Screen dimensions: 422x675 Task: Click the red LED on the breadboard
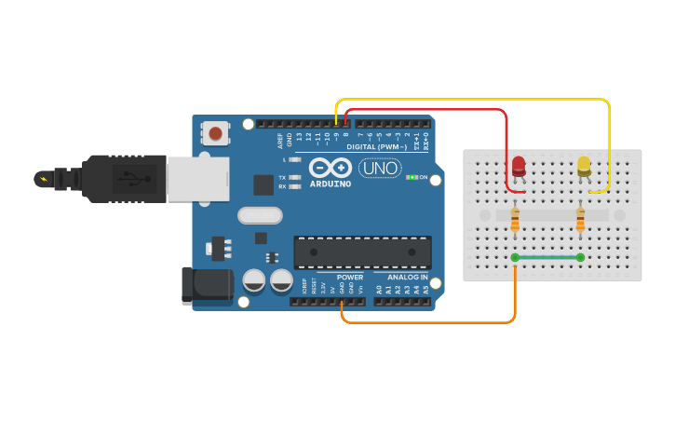pyautogui.click(x=519, y=166)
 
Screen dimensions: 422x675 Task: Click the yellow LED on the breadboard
pyautogui.click(x=584, y=165)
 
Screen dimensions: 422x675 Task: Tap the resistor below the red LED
pyautogui.click(x=515, y=220)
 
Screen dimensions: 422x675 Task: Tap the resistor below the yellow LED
pyautogui.click(x=580, y=220)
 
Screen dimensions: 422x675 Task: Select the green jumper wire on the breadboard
pyautogui.click(x=547, y=257)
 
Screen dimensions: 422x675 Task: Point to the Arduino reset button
pyautogui.click(x=216, y=133)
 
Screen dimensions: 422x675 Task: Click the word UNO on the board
pyautogui.click(x=380, y=169)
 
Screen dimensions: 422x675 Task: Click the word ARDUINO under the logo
pyautogui.click(x=331, y=184)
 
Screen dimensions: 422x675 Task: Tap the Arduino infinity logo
pyautogui.click(x=331, y=168)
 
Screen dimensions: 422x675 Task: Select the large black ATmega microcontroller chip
pyautogui.click(x=362, y=252)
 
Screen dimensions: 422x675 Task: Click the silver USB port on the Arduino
pyautogui.click(x=197, y=179)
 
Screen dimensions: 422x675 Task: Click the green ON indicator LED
pyautogui.click(x=411, y=177)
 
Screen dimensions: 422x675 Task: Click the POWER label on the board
pyautogui.click(x=350, y=278)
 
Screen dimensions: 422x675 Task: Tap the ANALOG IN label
pyautogui.click(x=408, y=278)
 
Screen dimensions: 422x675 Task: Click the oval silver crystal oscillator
pyautogui.click(x=259, y=216)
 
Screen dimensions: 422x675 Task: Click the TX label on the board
pyautogui.click(x=282, y=177)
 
